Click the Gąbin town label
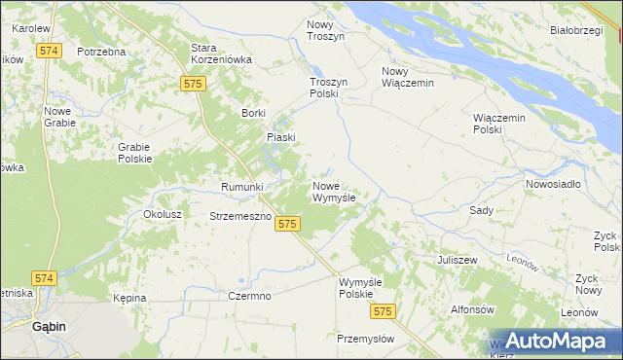48,327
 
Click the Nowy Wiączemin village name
407,77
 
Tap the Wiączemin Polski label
498,124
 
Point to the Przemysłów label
365,339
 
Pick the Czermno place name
248,295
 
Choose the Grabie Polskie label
134,153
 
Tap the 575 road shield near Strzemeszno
286,224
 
